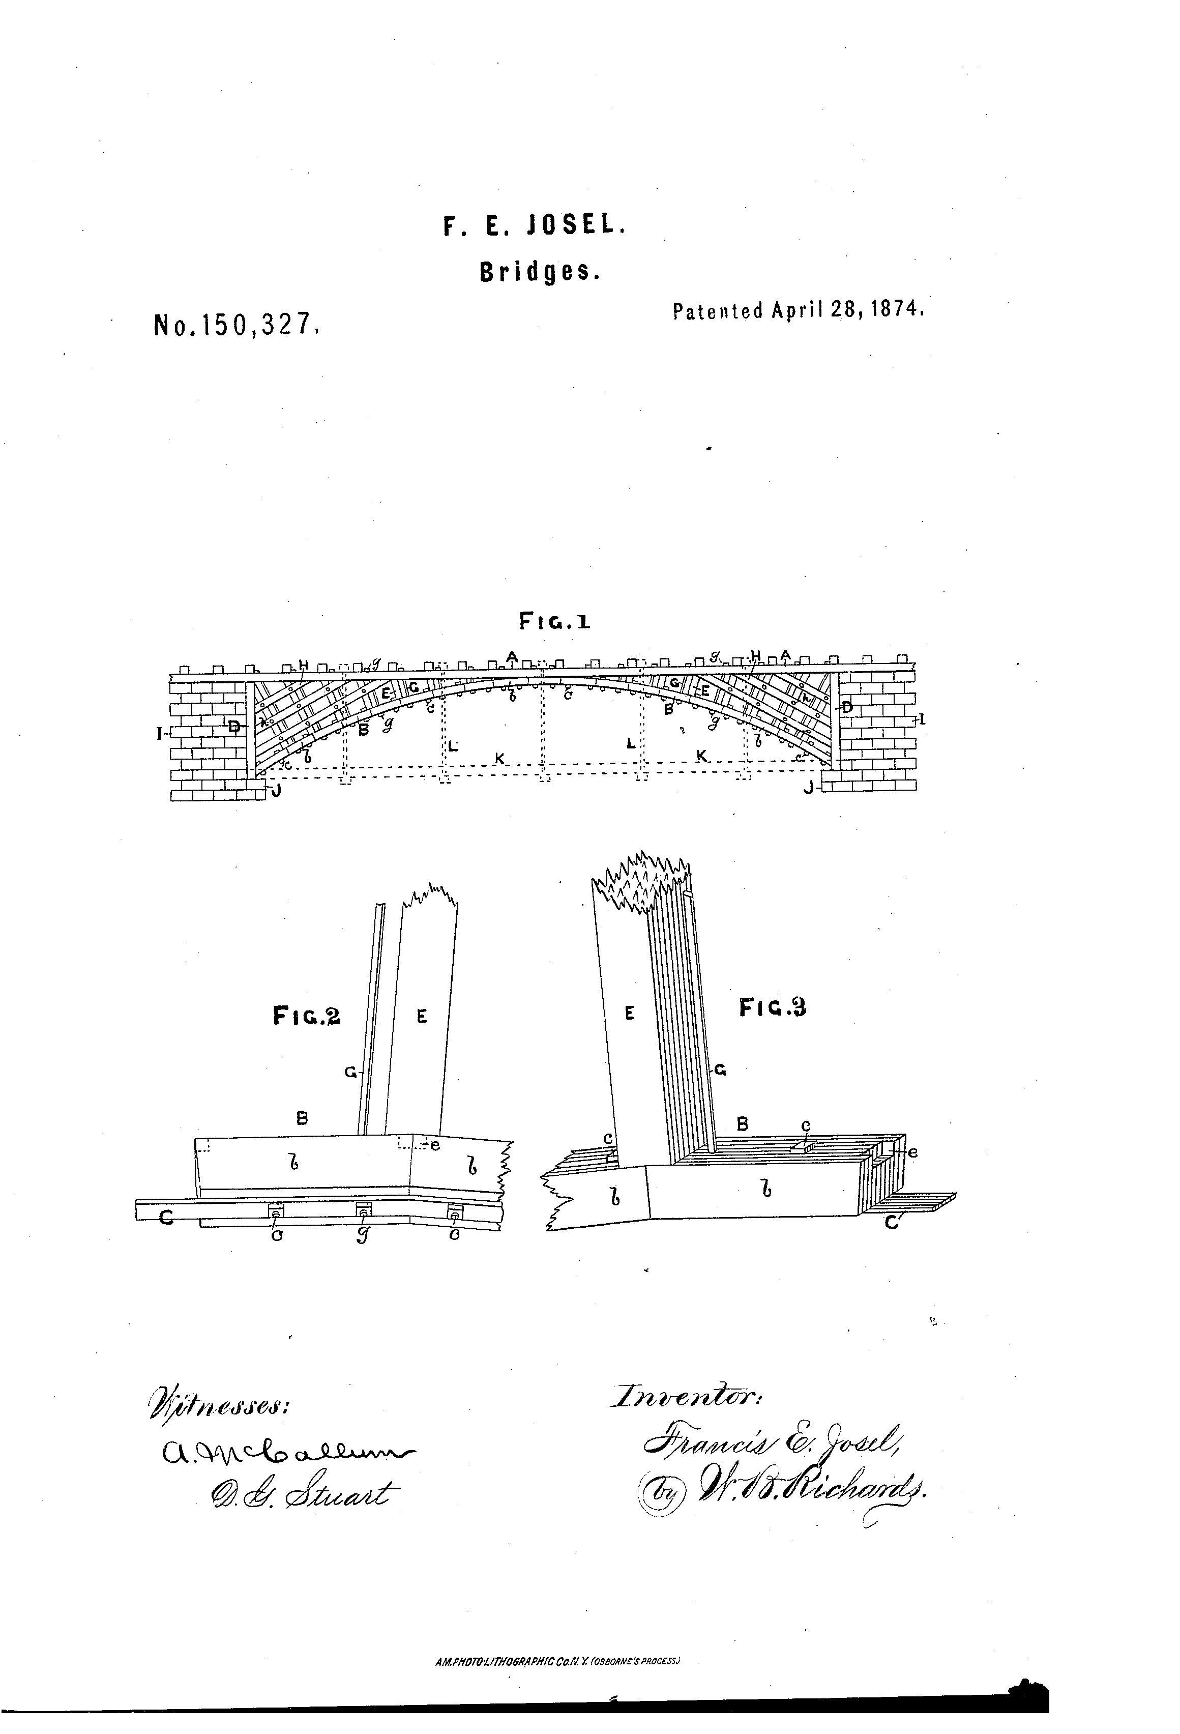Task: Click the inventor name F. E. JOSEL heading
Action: tap(534, 225)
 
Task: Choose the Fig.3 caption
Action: tap(773, 1007)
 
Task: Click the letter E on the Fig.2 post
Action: tap(422, 1016)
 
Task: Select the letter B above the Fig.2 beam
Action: tap(302, 1118)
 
